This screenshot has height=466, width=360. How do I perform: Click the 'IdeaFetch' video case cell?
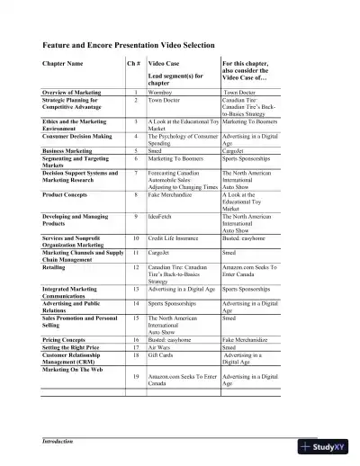tap(161, 217)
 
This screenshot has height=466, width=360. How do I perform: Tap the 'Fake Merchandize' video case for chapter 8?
tap(173, 194)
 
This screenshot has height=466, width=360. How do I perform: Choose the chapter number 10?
tap(135, 237)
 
